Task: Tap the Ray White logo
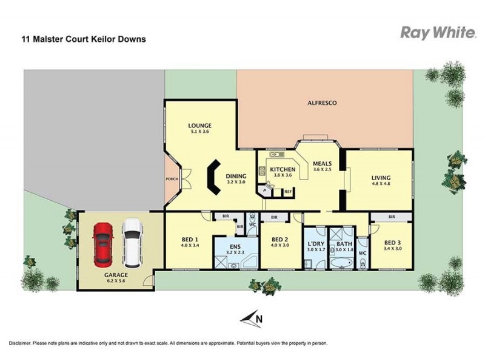click(438, 32)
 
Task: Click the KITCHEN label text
click(282, 170)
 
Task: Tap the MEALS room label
click(322, 163)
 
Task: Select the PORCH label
click(172, 180)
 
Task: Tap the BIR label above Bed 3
click(391, 217)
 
